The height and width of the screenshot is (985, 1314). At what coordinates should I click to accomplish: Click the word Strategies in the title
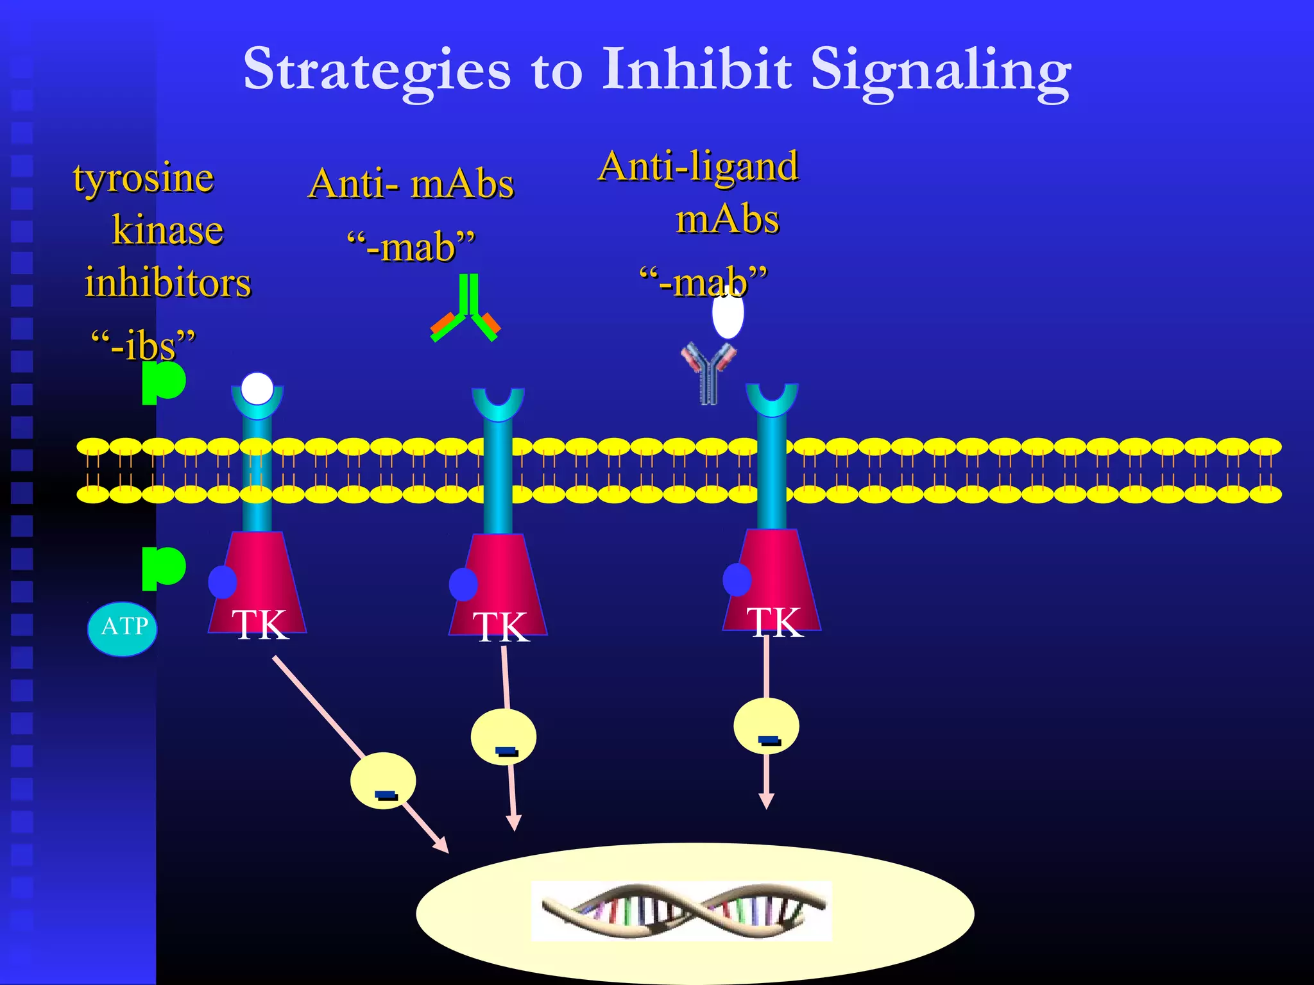click(377, 71)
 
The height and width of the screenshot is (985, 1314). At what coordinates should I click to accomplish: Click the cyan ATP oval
click(123, 628)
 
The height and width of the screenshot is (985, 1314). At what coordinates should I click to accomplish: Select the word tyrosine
click(143, 178)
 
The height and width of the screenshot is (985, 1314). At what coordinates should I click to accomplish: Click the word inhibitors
click(168, 283)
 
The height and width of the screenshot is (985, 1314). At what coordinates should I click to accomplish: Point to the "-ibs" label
click(143, 345)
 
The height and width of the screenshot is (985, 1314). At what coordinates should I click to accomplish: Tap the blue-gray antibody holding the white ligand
click(708, 373)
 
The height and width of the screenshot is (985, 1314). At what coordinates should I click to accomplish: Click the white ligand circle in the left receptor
click(257, 389)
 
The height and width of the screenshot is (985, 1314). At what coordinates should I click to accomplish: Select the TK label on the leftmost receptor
click(260, 624)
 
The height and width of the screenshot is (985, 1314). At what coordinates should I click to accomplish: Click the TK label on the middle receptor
click(500, 627)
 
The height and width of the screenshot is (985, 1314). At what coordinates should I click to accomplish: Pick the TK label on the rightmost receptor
click(774, 622)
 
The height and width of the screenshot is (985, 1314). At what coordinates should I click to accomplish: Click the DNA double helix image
click(681, 911)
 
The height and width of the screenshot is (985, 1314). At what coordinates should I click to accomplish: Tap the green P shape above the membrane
click(163, 382)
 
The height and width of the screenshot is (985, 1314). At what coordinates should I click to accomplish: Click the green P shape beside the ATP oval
click(163, 568)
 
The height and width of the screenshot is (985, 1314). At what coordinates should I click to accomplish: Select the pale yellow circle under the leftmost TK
click(383, 780)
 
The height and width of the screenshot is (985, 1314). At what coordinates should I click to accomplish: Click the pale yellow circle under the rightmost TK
click(766, 726)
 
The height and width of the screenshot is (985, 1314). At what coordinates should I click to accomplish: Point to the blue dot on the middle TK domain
click(463, 584)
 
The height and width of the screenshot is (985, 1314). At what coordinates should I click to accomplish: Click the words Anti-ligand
click(698, 167)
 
